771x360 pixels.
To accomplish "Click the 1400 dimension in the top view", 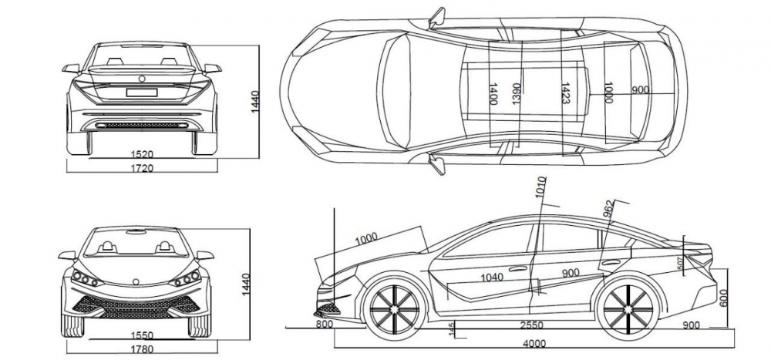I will point(491,94).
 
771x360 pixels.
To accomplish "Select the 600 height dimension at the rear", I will point(724,297).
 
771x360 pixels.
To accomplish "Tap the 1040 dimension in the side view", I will point(492,277).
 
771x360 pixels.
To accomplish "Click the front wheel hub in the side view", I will point(395,311).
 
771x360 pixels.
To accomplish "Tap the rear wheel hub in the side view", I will point(625,311).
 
